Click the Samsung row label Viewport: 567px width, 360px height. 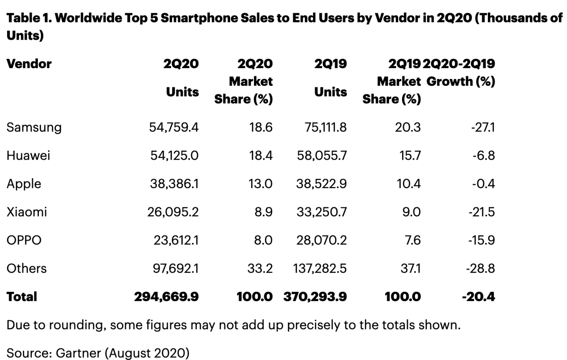[34, 127]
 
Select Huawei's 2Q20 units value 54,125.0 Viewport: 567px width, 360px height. [174, 156]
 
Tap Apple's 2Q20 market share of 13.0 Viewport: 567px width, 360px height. [260, 184]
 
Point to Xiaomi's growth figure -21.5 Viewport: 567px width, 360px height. [481, 212]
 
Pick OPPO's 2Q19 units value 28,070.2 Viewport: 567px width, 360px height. [321, 240]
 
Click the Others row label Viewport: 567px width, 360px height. [26, 268]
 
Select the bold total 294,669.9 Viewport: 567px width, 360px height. [166, 297]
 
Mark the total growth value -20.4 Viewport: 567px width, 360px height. [478, 297]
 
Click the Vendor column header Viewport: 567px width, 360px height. [29, 64]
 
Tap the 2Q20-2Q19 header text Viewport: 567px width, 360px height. [459, 64]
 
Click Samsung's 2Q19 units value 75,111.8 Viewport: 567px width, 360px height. [325, 127]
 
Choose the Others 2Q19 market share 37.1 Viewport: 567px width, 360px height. [410, 268]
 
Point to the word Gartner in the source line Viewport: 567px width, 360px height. [78, 353]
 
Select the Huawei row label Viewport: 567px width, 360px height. [28, 156]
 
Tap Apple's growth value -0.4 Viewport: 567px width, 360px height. [483, 184]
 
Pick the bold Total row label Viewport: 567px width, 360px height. [22, 297]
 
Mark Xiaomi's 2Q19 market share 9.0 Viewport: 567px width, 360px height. [411, 212]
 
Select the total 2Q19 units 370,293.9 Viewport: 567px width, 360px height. [315, 297]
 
